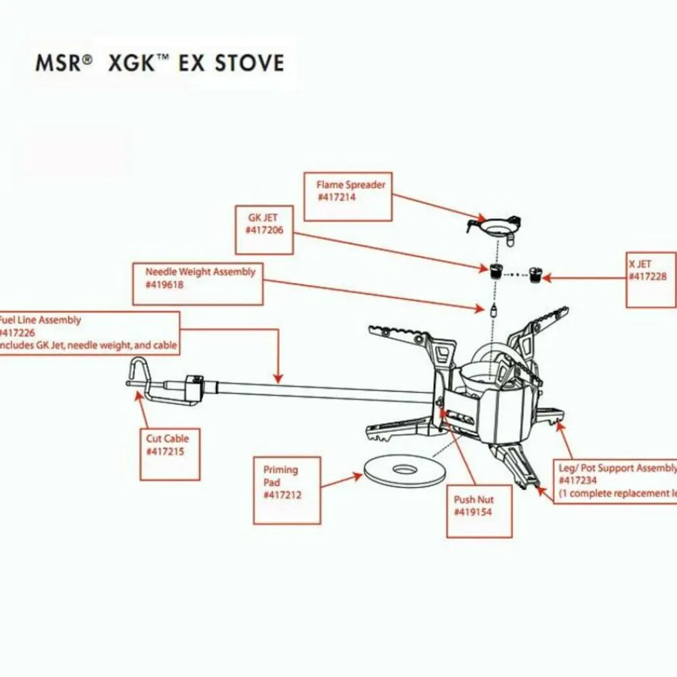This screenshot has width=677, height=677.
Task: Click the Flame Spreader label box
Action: coord(348,196)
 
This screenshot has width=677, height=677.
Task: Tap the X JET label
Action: coord(651,280)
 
